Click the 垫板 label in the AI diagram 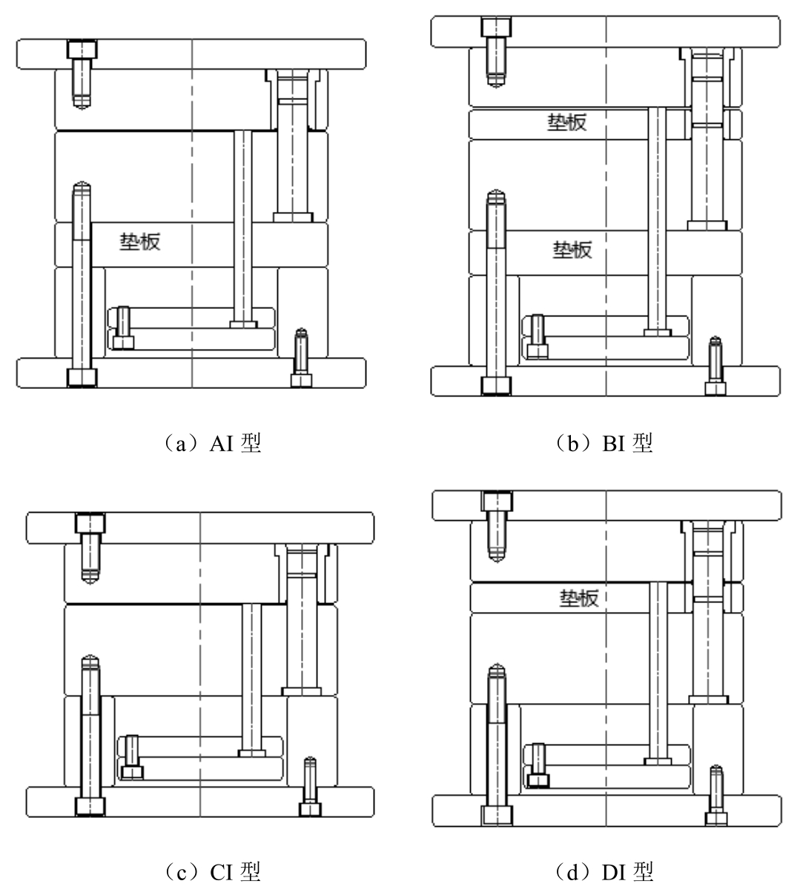point(140,242)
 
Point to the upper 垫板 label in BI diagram point(567,123)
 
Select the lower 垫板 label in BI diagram point(572,250)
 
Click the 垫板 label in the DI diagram point(578,598)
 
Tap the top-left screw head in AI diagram point(82,50)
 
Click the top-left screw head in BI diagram point(496,27)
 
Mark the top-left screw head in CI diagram point(90,524)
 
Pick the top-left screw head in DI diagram point(496,501)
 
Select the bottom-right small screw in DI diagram point(715,816)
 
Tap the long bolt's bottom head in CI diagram point(90,805)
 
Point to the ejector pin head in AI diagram point(243,324)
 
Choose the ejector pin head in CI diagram point(253,753)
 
